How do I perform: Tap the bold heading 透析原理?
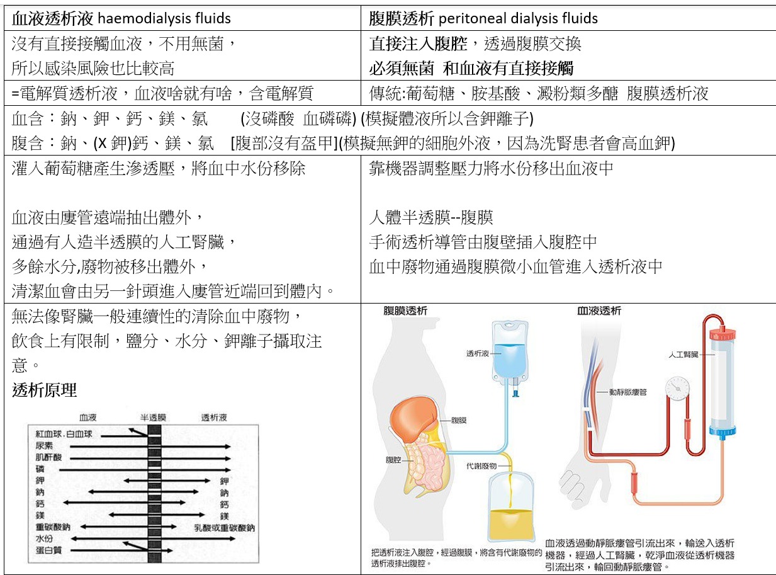[x=45, y=390]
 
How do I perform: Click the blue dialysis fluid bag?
[x=512, y=352]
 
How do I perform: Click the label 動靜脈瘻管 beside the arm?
[x=627, y=392]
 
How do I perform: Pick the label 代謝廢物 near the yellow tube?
[x=481, y=467]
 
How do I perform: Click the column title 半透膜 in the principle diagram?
[x=152, y=417]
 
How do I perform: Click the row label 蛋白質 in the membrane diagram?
[x=48, y=550]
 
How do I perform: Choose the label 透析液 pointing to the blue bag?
[x=477, y=354]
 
